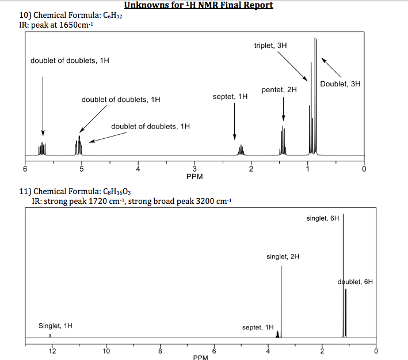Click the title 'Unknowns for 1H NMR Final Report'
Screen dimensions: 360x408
point(199,6)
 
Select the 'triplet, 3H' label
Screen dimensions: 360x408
point(270,45)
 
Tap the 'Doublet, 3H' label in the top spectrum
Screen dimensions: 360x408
point(340,84)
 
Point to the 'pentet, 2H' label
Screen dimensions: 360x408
point(279,90)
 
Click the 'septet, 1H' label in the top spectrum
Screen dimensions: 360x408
point(230,97)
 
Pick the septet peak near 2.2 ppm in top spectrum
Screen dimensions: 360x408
point(241,150)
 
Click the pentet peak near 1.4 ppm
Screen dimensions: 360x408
point(283,141)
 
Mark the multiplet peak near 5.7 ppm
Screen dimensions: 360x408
point(42,148)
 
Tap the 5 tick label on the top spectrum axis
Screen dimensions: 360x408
point(81,170)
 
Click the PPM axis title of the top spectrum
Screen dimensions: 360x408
point(195,176)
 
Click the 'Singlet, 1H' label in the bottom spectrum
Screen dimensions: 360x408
point(56,326)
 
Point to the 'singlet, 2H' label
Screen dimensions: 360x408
point(283,256)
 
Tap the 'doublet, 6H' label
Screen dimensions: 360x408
point(355,282)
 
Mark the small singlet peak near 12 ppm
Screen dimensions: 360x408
point(50,335)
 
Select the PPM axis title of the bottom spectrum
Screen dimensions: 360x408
point(201,357)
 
